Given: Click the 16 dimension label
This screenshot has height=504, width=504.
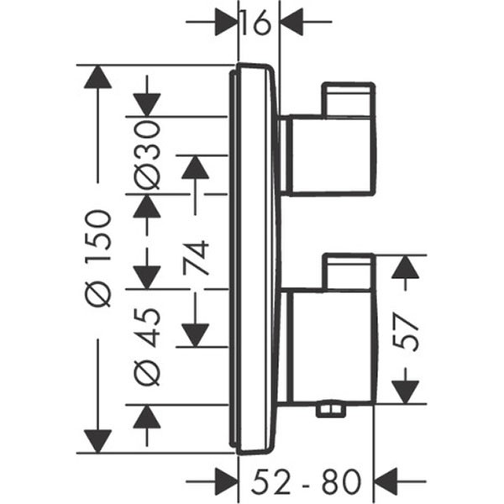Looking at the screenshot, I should click(x=255, y=23).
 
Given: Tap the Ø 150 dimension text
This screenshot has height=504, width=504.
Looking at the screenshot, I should click(x=99, y=258).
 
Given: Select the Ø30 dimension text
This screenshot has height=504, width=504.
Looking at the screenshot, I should click(x=147, y=155).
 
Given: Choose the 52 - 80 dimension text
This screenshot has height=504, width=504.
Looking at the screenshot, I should click(x=307, y=481).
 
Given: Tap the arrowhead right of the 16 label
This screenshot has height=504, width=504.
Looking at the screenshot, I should click(x=291, y=23).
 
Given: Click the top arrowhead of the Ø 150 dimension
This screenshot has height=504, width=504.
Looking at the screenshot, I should click(x=98, y=76).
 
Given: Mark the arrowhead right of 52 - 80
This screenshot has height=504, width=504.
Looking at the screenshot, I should click(x=386, y=481).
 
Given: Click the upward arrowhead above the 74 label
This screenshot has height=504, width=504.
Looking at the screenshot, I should click(x=195, y=167).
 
